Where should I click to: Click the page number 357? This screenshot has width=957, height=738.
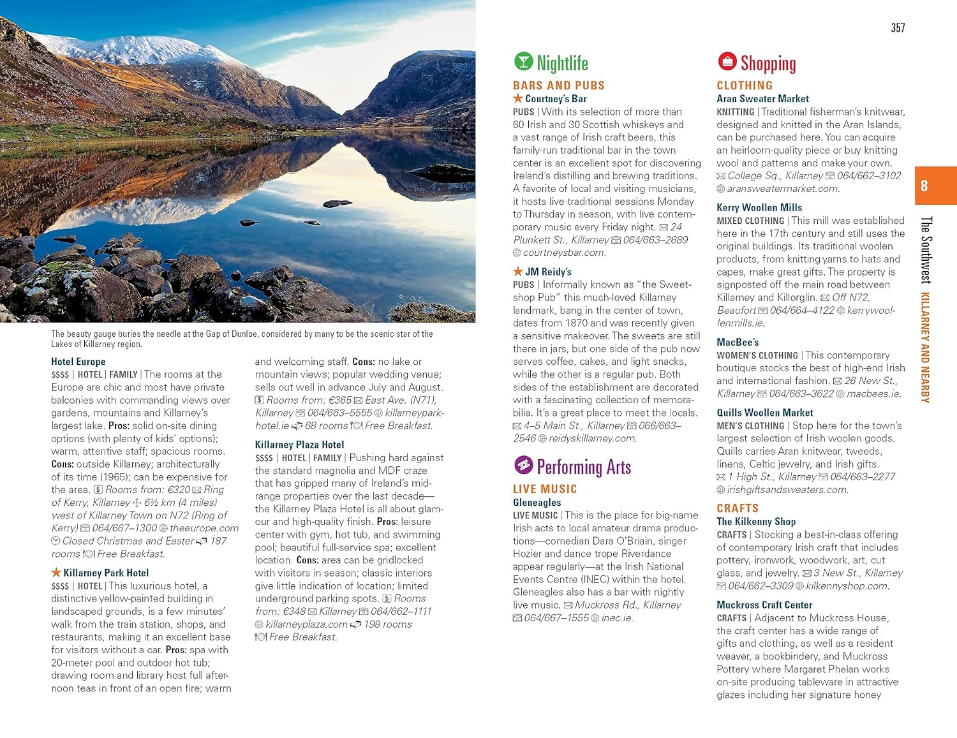pos(898,27)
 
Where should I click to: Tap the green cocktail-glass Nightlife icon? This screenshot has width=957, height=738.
pos(523,61)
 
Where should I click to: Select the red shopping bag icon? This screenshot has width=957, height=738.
pos(727,61)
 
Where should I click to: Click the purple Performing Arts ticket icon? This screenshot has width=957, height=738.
pos(523,465)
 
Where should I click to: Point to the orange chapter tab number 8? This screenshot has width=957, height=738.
pos(924,186)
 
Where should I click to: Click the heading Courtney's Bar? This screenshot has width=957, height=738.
pos(555,99)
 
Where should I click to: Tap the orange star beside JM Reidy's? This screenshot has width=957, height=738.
pos(518,271)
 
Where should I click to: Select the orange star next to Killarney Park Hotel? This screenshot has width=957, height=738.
pos(56,572)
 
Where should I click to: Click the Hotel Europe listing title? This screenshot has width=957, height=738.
pos(78,362)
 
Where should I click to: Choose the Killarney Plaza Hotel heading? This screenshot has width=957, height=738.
pos(299,445)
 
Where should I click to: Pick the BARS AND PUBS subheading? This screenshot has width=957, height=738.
pos(558,85)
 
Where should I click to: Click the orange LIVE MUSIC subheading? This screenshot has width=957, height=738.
pos(545,489)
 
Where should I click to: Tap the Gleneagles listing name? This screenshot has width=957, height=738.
pos(537,503)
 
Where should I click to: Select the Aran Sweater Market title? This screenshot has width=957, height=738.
pos(762,99)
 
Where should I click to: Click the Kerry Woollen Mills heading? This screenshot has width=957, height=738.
pos(759,207)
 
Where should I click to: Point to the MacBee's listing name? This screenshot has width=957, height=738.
pos(738,342)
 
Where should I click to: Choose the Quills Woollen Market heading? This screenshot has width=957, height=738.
pos(764,413)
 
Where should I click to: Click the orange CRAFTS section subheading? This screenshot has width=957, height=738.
pos(738,508)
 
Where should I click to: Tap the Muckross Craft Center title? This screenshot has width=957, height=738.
pos(764,605)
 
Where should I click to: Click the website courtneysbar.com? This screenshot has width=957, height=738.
pos(564,253)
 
